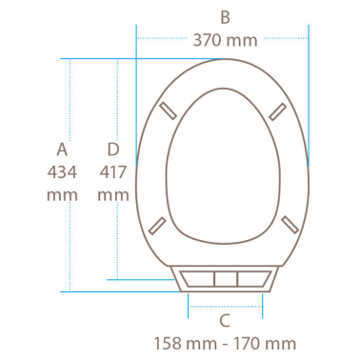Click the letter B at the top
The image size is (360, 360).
(x=225, y=16)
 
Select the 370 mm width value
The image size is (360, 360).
(x=225, y=41)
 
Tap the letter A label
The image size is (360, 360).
(x=63, y=150)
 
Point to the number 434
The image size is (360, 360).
(x=63, y=172)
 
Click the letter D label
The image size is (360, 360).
(x=113, y=150)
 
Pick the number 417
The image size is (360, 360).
(x=113, y=172)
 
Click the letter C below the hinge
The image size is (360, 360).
(x=225, y=321)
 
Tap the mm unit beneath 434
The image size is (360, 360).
(x=63, y=195)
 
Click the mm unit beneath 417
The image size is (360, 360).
(x=113, y=195)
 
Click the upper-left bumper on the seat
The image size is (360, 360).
(x=169, y=109)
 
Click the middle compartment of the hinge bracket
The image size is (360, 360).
(x=225, y=279)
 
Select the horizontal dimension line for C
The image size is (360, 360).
(x=225, y=306)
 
